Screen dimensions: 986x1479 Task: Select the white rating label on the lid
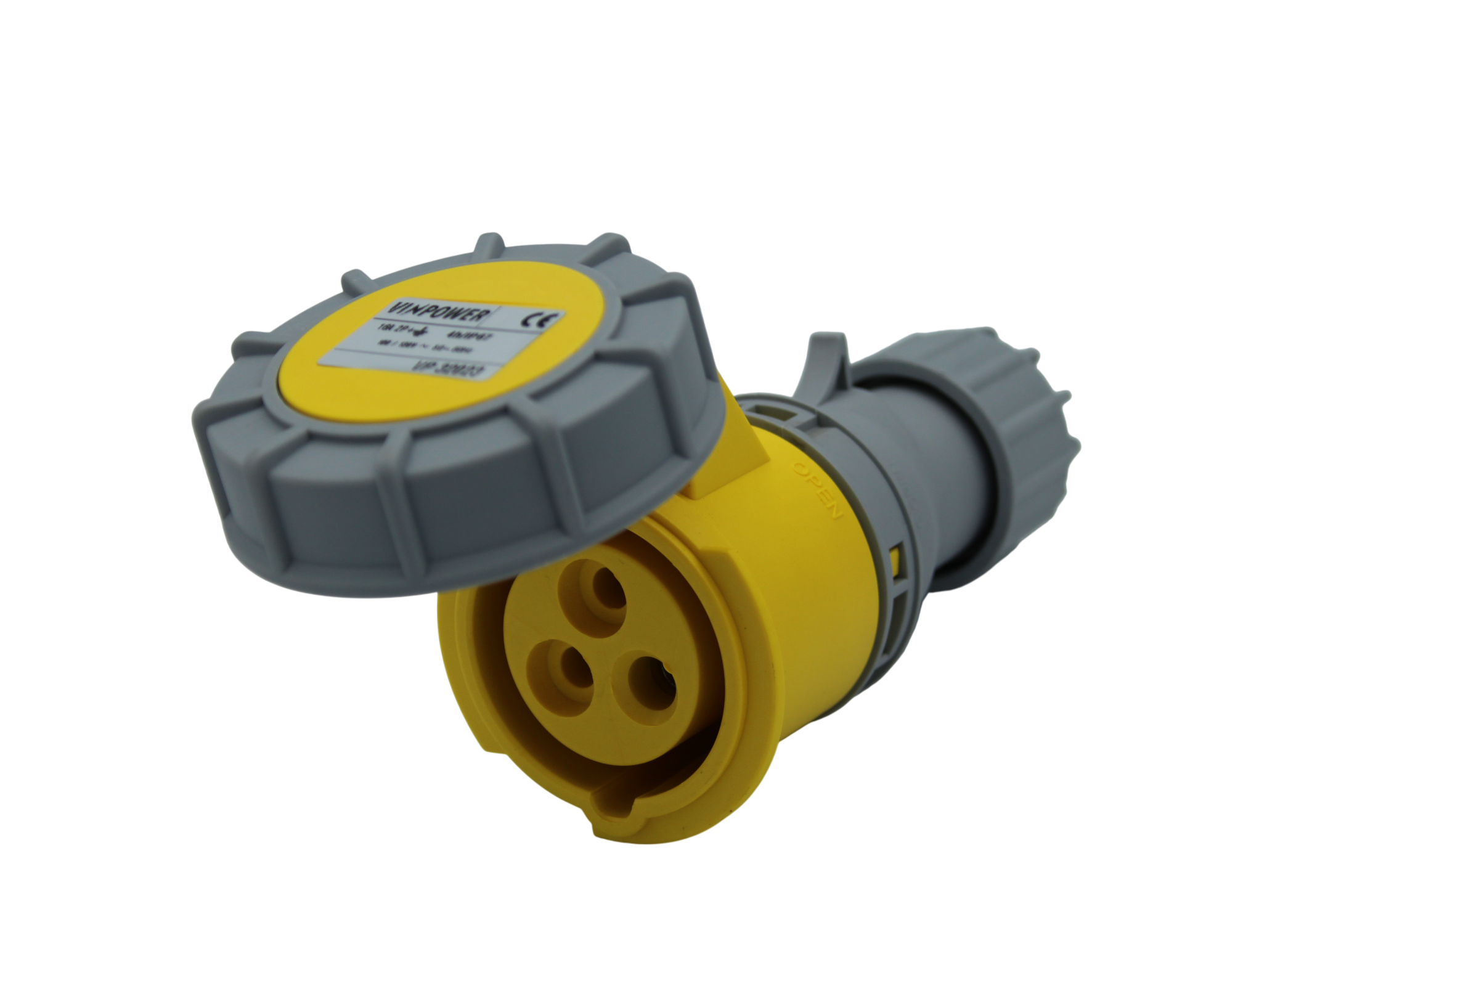[x=440, y=340]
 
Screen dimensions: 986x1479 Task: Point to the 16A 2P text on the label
[x=391, y=328]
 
